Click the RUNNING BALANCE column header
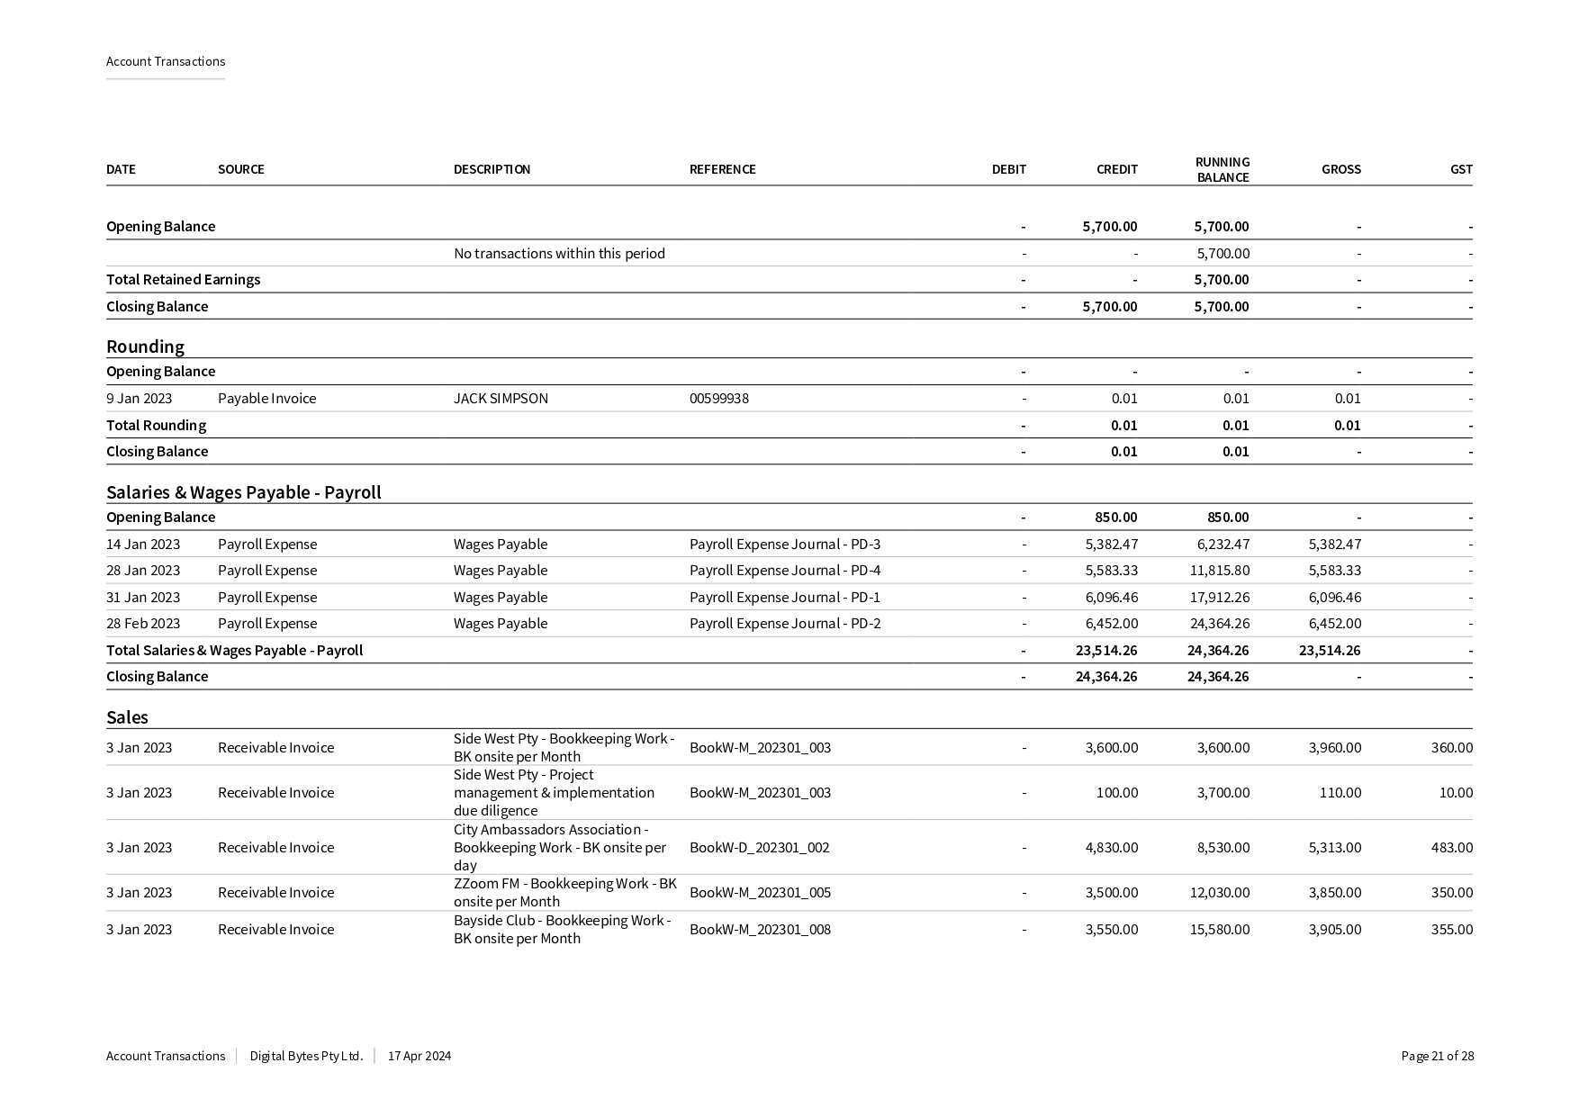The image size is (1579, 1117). click(x=1222, y=169)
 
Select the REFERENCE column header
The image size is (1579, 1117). click(x=722, y=169)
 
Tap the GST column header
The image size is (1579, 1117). click(x=1461, y=169)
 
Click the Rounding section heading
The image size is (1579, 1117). click(x=145, y=347)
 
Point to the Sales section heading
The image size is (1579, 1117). click(x=127, y=717)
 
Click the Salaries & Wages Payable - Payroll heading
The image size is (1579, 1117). click(x=243, y=492)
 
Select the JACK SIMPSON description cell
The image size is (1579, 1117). click(x=501, y=398)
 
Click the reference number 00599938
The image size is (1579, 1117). click(x=718, y=398)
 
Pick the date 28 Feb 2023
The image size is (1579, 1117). click(x=143, y=623)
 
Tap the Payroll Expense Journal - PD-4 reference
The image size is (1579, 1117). click(x=784, y=570)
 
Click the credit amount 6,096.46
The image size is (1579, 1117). click(x=1111, y=597)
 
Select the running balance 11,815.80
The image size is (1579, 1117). click(x=1219, y=570)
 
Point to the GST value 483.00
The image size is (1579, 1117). click(x=1451, y=847)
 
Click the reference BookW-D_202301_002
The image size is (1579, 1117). click(x=759, y=847)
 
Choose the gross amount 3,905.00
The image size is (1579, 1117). click(x=1334, y=929)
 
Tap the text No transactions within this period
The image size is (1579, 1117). click(x=559, y=253)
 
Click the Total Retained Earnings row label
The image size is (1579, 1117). click(x=183, y=279)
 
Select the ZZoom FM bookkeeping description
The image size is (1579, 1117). click(x=564, y=892)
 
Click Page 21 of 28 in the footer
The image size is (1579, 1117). click(x=1437, y=1056)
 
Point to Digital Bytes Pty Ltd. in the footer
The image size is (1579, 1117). click(x=306, y=1056)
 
